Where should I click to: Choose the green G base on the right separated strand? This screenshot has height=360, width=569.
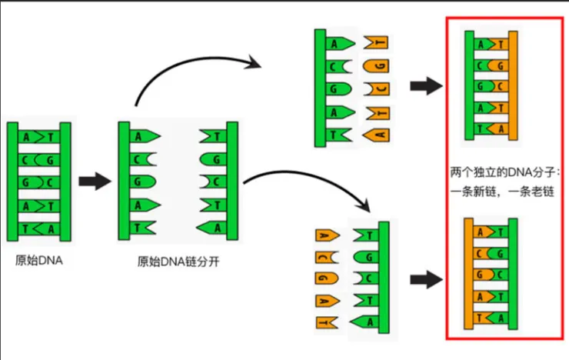point(209,160)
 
